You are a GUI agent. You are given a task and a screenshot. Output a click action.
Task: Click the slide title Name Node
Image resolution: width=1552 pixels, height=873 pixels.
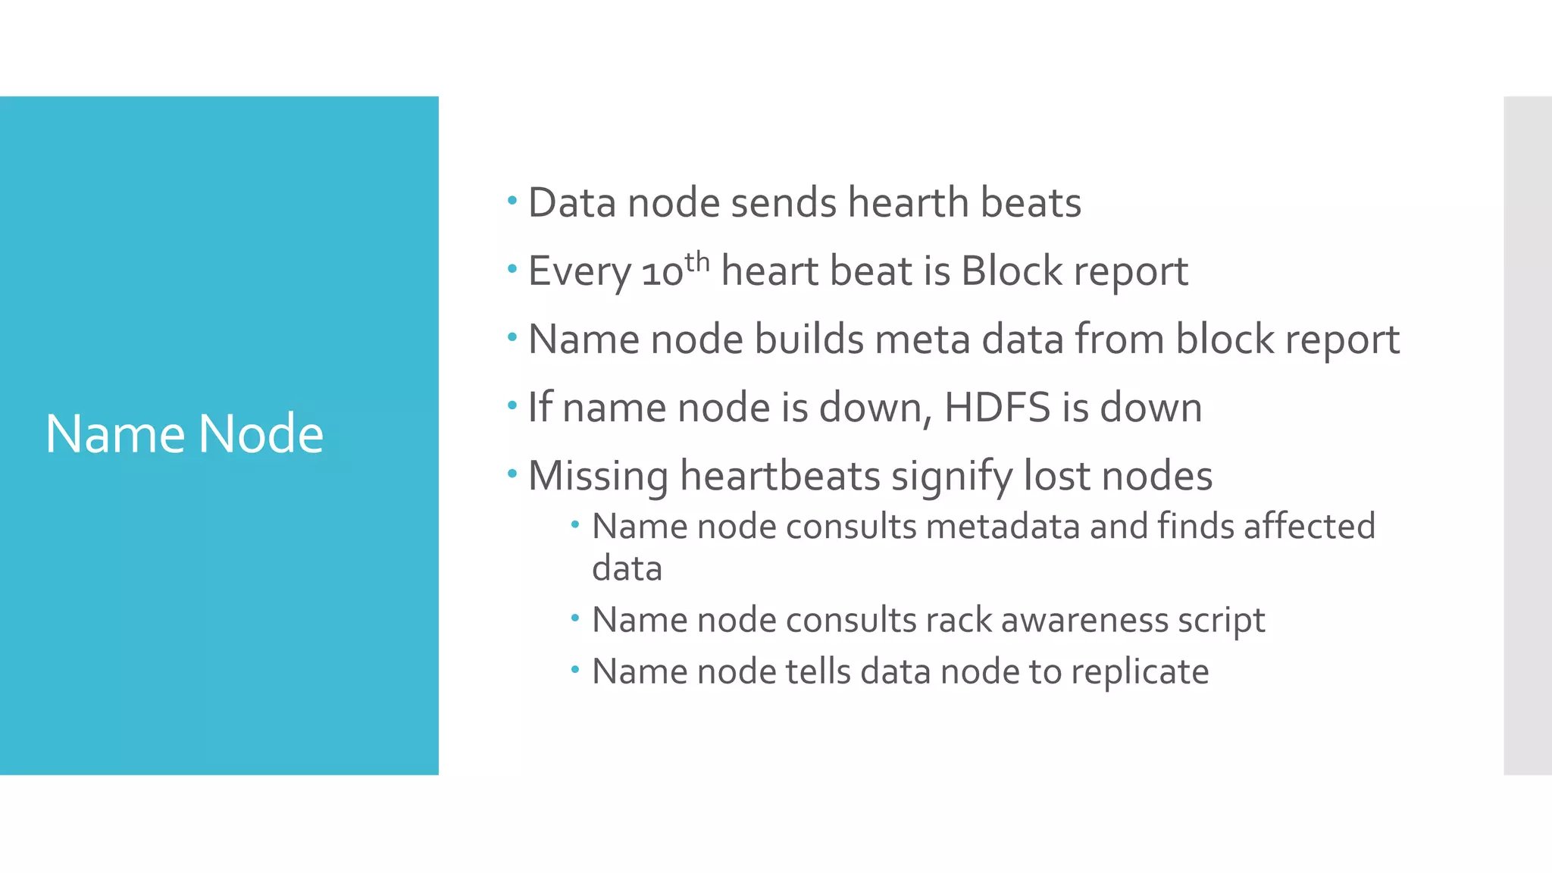point(184,433)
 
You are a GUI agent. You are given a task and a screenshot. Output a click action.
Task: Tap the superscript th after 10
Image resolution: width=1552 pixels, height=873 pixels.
point(697,261)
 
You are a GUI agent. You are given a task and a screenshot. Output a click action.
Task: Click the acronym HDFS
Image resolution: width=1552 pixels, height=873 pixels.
point(997,408)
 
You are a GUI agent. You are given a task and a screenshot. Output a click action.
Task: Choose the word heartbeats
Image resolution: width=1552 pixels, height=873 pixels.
point(779,476)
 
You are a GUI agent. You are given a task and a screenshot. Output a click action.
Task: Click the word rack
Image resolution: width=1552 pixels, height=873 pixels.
point(958,620)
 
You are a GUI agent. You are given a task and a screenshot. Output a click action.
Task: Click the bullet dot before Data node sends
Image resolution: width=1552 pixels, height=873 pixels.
point(512,201)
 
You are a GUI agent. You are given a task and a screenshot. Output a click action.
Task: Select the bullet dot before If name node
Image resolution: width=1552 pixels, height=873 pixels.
point(512,405)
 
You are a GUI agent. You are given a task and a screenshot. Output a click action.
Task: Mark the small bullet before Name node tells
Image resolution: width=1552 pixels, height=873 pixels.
point(575,669)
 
